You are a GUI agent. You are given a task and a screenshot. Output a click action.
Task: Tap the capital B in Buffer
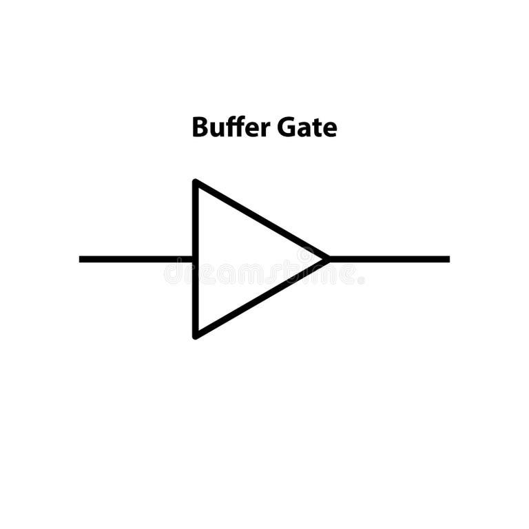[x=200, y=128]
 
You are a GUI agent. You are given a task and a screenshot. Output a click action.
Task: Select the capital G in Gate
[x=287, y=128]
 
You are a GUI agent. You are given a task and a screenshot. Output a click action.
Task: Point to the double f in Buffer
[x=233, y=127]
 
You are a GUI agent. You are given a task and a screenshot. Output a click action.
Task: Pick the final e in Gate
[x=330, y=130]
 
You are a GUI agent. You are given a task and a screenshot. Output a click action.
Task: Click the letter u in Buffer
[x=216, y=130]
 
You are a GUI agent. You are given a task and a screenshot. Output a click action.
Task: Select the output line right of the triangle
[x=389, y=259]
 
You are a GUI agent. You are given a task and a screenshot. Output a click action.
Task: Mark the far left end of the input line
[x=81, y=259]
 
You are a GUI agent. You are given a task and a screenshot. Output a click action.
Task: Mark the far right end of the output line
[x=448, y=259]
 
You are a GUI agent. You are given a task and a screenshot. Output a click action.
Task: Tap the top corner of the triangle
[x=196, y=183]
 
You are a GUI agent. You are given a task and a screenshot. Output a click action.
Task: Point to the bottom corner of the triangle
[x=196, y=335]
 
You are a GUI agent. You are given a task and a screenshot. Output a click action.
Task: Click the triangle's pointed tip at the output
[x=326, y=259]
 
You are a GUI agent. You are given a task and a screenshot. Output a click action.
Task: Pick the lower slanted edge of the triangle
[x=262, y=298]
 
